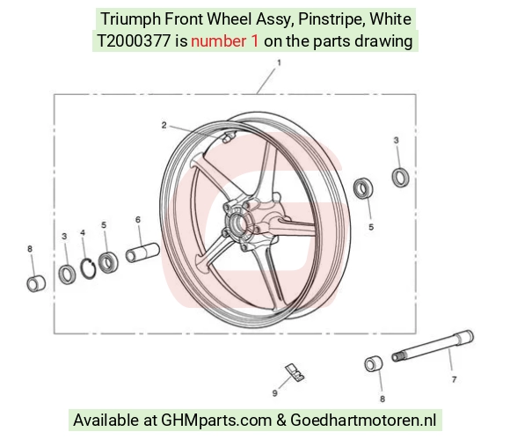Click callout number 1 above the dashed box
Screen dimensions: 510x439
[279, 62]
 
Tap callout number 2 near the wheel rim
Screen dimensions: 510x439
[164, 125]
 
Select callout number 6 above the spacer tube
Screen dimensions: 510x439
[138, 220]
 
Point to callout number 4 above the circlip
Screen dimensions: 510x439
[83, 232]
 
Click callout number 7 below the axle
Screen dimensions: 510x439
[454, 379]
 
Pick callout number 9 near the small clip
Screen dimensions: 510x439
[275, 393]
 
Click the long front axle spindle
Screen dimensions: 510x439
[433, 346]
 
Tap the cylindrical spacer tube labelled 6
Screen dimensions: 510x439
[142, 252]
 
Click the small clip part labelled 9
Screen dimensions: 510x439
[295, 372]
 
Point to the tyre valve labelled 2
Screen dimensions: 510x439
[228, 137]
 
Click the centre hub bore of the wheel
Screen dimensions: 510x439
[238, 223]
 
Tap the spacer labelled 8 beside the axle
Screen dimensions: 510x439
[374, 364]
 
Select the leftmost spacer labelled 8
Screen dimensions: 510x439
[36, 283]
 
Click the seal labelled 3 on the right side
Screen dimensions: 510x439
[400, 178]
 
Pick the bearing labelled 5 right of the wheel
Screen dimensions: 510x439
[363, 189]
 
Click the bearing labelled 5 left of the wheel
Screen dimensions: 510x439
[108, 263]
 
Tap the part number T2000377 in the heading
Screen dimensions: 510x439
[134, 41]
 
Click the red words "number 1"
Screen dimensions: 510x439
[225, 41]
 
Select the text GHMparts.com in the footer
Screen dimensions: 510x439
[216, 421]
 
